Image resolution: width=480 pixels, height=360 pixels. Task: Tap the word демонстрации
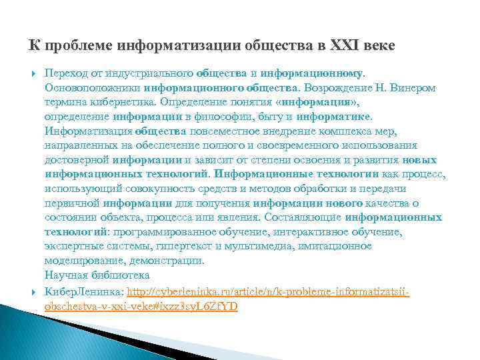[170, 261]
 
